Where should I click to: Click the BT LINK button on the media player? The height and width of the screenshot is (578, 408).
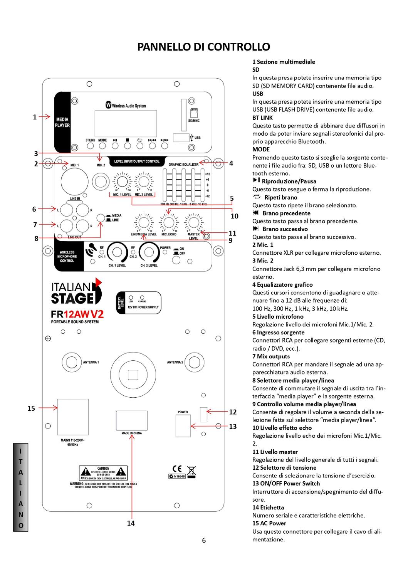point(91,146)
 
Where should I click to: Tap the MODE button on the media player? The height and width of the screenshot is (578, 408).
point(102,146)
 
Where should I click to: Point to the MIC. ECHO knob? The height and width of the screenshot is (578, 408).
point(168,222)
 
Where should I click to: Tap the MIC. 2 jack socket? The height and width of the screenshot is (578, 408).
point(101,181)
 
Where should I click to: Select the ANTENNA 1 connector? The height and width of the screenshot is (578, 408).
point(71,362)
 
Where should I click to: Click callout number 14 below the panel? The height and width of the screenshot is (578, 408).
point(131,523)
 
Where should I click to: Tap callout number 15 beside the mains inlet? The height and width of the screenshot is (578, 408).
point(31,408)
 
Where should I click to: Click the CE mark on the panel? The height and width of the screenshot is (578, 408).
point(177,469)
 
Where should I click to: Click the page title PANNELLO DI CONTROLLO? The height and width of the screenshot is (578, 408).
point(204,47)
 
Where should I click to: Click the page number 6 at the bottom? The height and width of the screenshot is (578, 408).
point(204,540)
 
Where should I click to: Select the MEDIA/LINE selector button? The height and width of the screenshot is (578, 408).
point(101,218)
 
